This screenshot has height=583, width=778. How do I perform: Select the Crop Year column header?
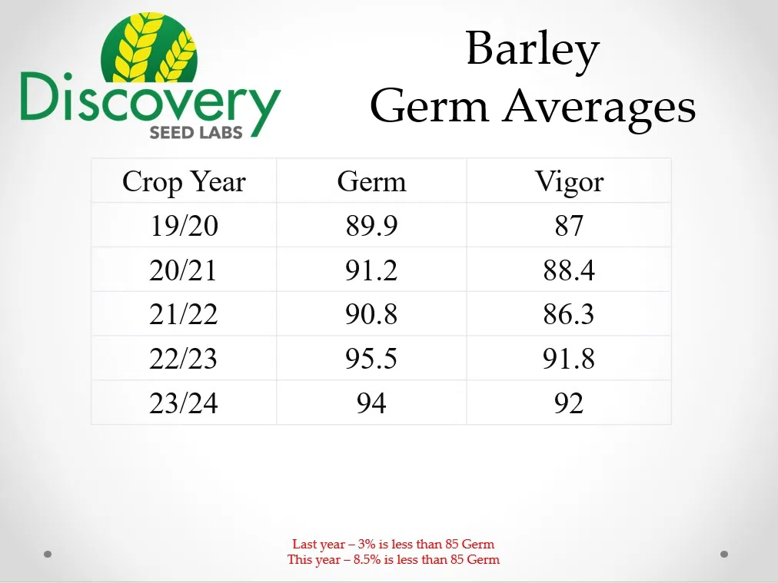pos(184,182)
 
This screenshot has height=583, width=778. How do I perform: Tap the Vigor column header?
pos(569,181)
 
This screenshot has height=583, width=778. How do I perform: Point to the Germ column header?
pos(371,181)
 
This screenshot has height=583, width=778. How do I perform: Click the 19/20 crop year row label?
pos(184,226)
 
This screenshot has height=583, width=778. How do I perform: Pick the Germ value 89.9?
pos(371,226)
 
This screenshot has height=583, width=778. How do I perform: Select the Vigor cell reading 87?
pos(569,226)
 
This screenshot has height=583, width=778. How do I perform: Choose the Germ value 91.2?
pos(371,270)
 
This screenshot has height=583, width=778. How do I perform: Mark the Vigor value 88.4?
pos(569,270)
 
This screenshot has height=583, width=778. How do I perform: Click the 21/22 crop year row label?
pos(184,314)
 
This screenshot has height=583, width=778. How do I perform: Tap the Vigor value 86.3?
pos(569,314)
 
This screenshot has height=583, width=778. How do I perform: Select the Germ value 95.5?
pos(371,359)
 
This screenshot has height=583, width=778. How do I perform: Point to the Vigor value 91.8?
pos(569,359)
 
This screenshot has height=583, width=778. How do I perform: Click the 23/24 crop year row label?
pos(184,403)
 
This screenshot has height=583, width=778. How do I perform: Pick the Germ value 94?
pos(371,403)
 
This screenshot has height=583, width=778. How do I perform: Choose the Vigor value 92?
pos(569,403)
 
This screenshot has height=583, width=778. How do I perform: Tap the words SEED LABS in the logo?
pos(196,133)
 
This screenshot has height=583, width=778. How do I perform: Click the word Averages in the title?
pos(600,107)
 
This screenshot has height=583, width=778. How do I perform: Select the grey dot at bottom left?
pos(48,554)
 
